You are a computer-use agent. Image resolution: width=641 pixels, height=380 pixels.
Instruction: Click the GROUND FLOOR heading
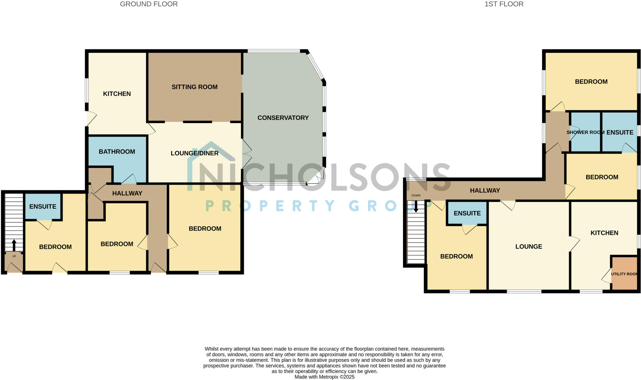coord(149,4)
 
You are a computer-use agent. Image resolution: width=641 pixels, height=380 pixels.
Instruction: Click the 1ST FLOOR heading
coord(504,4)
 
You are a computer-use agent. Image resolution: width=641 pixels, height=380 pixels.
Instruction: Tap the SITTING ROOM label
coord(194,87)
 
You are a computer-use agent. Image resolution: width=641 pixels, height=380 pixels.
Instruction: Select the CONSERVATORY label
coord(283,118)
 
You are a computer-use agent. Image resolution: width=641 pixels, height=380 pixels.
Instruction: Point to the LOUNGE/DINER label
coord(194,153)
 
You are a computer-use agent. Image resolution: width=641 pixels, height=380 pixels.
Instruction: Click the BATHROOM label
coord(117,152)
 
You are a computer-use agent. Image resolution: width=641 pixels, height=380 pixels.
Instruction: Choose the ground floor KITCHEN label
coord(117,94)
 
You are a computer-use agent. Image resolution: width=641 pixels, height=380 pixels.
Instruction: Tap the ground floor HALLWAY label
coord(127,193)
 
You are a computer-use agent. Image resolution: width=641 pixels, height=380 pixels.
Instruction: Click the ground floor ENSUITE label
coord(43,206)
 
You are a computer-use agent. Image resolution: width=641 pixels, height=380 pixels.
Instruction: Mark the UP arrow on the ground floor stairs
coord(14,245)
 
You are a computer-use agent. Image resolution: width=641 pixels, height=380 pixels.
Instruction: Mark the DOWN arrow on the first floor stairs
coord(416,206)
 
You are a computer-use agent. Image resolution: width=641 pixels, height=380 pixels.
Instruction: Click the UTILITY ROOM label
coord(624,274)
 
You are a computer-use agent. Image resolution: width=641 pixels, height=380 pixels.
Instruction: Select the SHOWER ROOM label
coord(585,133)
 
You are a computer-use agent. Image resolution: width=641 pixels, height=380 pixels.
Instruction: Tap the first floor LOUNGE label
coord(529,247)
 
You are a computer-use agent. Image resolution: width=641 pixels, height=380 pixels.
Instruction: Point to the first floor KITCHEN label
coord(604,233)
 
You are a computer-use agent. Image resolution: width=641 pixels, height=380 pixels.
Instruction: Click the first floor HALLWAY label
coord(485,190)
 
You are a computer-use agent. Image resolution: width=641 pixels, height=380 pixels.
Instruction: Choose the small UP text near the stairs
coord(14,256)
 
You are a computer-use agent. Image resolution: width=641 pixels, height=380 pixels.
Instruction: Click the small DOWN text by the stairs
coord(416,195)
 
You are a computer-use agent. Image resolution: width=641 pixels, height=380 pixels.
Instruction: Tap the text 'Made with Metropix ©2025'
coord(324,377)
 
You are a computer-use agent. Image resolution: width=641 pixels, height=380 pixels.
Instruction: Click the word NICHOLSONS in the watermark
coord(319,177)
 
